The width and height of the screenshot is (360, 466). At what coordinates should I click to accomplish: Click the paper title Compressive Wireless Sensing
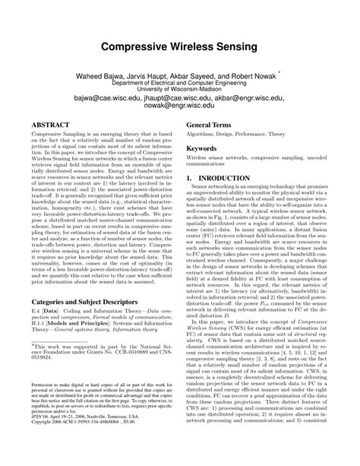(180, 47)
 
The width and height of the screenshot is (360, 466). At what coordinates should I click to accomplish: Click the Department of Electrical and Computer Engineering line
(180, 86)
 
